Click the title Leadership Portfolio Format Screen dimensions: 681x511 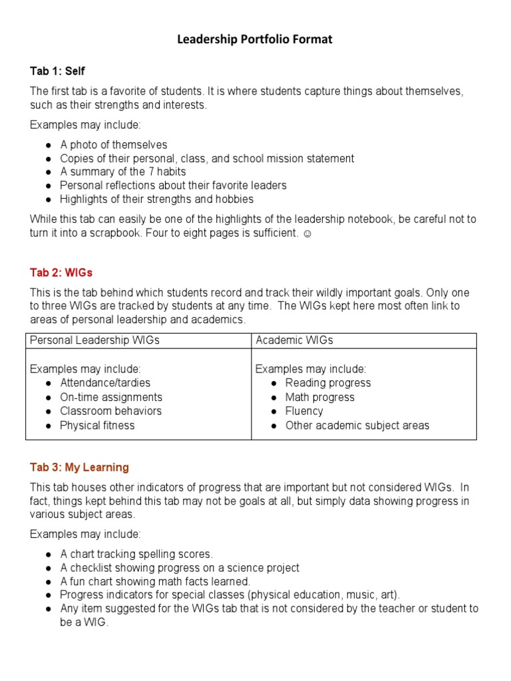coord(255,40)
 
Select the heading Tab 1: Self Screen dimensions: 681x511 coord(57,70)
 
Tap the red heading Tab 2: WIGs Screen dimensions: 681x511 coord(61,272)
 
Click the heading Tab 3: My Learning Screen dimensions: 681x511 coord(79,468)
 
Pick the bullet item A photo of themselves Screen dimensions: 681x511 coord(113,145)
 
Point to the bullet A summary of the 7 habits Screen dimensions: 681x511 coord(122,172)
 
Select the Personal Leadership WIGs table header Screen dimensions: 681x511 coord(94,340)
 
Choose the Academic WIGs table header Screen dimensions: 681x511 coord(294,340)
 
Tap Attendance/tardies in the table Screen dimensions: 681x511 coord(105,383)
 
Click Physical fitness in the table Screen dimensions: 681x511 coord(97,426)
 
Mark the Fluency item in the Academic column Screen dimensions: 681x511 coord(304,411)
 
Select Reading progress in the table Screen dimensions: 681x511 coord(328,383)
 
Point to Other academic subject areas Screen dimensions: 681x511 coord(357,426)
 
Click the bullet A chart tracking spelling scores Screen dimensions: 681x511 coord(136,554)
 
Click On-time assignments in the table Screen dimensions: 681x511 coord(111,397)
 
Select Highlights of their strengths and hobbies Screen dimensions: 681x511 coord(156,199)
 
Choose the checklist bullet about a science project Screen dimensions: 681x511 coord(180,568)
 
